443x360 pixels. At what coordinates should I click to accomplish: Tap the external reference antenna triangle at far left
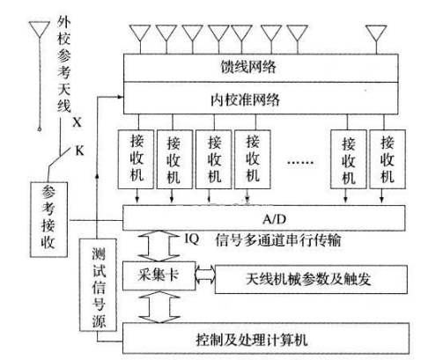[x=40, y=29]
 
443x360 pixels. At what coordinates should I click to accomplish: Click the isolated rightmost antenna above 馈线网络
[x=376, y=33]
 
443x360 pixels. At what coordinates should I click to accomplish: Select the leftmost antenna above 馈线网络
[x=140, y=33]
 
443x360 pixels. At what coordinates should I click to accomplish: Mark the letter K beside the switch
[x=79, y=151]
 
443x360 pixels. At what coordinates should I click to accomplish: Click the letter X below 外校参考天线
[x=77, y=122]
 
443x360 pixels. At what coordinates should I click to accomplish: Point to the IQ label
[x=192, y=239]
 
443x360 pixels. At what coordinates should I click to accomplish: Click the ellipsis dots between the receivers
[x=300, y=162]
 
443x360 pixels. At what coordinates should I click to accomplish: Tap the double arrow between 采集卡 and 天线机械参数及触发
[x=205, y=276]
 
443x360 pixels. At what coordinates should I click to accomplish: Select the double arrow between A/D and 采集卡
[x=159, y=246]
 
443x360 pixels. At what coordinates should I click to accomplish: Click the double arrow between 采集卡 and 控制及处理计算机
[x=159, y=307]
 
